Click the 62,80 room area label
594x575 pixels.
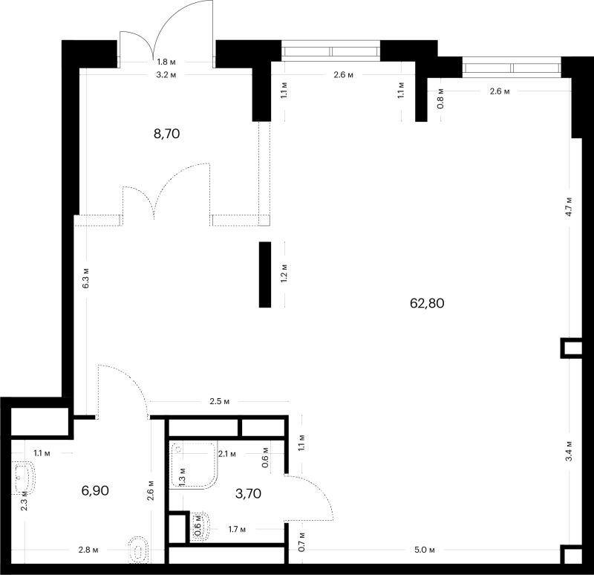[x=427, y=303]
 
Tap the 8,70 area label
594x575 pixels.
[x=166, y=134]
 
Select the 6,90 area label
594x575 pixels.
[x=95, y=490]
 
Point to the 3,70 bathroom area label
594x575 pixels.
[x=248, y=493]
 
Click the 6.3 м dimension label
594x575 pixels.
[x=86, y=278]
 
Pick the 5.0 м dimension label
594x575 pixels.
[x=424, y=550]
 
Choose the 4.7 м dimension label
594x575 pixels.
[x=569, y=207]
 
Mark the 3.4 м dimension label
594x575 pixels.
[x=569, y=451]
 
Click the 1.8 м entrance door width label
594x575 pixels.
[x=166, y=62]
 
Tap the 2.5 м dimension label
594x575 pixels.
[x=220, y=401]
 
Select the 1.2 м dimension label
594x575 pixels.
[x=284, y=273]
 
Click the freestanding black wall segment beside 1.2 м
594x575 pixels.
[x=265, y=274]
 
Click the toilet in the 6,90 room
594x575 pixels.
[x=139, y=550]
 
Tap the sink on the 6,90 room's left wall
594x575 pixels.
[x=24, y=478]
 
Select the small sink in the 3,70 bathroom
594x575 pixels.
[x=200, y=527]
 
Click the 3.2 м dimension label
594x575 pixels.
[x=166, y=75]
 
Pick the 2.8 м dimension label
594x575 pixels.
[x=88, y=550]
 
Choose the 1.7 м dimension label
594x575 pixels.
[x=237, y=530]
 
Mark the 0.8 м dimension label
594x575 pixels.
[x=440, y=99]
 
